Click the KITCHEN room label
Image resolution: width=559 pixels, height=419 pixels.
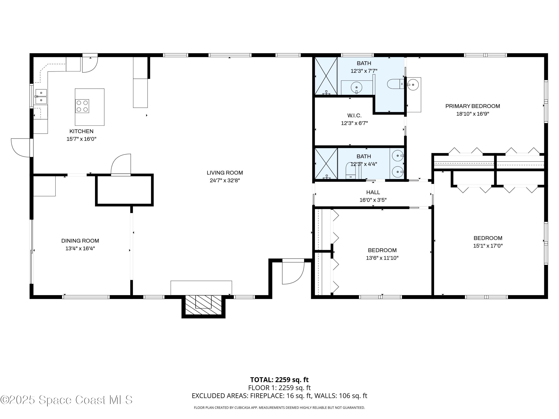pyautogui.click(x=81, y=131)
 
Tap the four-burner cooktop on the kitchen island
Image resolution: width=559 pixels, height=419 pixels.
pyautogui.click(x=82, y=106)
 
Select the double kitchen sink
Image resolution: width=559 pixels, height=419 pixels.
pyautogui.click(x=41, y=96)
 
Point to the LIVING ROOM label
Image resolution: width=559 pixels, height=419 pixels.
pyautogui.click(x=225, y=173)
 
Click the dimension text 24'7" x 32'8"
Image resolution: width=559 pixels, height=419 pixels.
pyautogui.click(x=225, y=180)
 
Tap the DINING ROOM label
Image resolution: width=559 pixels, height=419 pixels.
pyautogui.click(x=80, y=241)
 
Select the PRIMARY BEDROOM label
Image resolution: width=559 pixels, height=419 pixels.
pyautogui.click(x=472, y=106)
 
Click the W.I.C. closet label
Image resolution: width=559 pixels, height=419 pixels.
pyautogui.click(x=354, y=116)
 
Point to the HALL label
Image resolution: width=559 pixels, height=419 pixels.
pyautogui.click(x=373, y=192)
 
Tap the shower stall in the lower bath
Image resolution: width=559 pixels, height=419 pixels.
pyautogui.click(x=326, y=164)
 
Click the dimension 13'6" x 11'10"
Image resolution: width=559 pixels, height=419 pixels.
pyautogui.click(x=382, y=258)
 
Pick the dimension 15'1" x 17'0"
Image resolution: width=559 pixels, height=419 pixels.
pyautogui.click(x=488, y=246)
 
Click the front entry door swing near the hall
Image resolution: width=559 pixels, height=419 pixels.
pyautogui.click(x=293, y=273)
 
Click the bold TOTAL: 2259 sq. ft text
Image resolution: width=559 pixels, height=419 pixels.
pyautogui.click(x=279, y=380)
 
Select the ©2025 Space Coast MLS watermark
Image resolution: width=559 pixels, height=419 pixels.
pyautogui.click(x=66, y=400)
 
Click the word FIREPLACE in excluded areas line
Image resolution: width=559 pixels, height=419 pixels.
pyautogui.click(x=267, y=396)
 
